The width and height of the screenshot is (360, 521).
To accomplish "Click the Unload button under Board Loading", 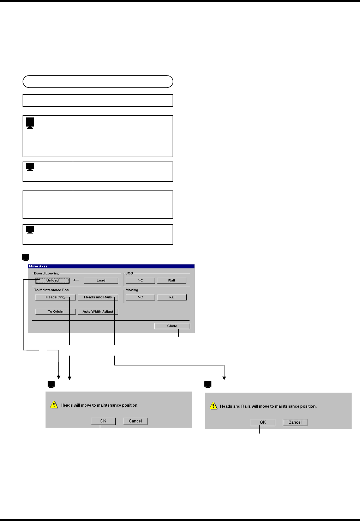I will (52, 280).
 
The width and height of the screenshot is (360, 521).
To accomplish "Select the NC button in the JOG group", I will (140, 280).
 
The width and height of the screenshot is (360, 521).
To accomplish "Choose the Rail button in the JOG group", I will (172, 280).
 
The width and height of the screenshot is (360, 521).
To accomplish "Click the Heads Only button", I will (55, 297).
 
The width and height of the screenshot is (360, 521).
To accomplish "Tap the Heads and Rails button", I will (98, 297).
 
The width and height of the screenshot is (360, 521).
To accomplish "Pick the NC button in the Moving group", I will (140, 297).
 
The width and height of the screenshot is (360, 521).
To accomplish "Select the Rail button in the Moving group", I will (172, 297).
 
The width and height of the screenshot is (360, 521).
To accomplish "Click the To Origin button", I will (55, 311).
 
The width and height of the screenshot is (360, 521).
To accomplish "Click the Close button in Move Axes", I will (172, 326).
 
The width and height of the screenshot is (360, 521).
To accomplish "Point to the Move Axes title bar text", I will (38, 266).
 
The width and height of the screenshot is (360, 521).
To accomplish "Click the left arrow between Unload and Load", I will (76, 280).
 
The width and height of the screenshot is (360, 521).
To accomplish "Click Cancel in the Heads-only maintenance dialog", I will (135, 421).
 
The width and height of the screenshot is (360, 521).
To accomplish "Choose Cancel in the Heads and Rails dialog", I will (295, 422).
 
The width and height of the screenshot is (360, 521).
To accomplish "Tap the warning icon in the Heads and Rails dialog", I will (213, 406).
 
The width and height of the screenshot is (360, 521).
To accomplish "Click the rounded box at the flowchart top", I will (98, 81).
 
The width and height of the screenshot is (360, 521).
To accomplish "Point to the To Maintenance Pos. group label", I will (52, 290).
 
